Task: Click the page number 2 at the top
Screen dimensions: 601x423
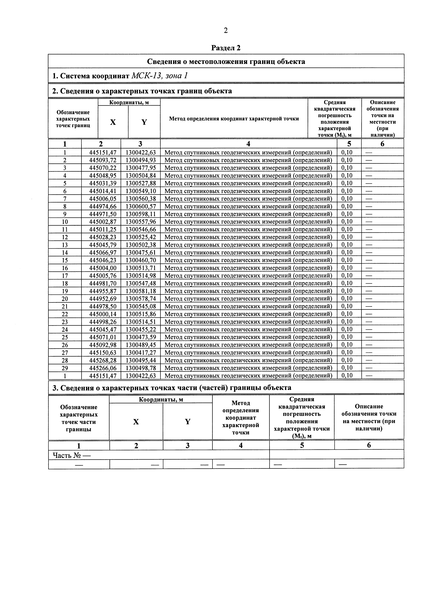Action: [x=226, y=31]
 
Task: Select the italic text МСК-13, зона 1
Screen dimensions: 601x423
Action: [x=159, y=76]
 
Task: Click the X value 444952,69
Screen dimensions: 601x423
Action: [x=103, y=299]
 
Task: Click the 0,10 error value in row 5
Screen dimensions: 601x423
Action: [x=347, y=183]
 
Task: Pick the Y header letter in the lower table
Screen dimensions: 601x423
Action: [x=187, y=421]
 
